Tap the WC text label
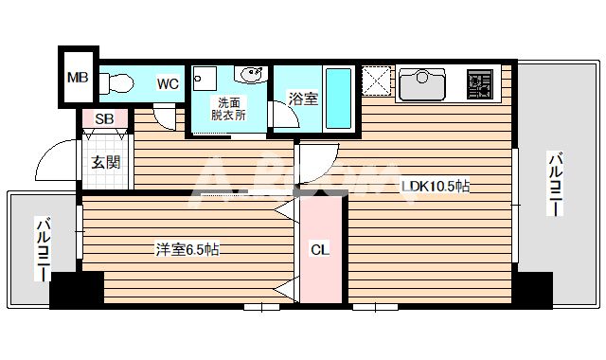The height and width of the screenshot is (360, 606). (x=168, y=83)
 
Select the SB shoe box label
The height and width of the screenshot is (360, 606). (x=105, y=118)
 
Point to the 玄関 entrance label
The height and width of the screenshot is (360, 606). (x=105, y=162)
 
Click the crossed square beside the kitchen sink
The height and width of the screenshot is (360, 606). (x=377, y=82)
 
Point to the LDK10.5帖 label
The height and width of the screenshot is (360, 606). (x=436, y=187)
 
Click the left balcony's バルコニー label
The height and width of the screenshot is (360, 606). (x=43, y=249)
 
